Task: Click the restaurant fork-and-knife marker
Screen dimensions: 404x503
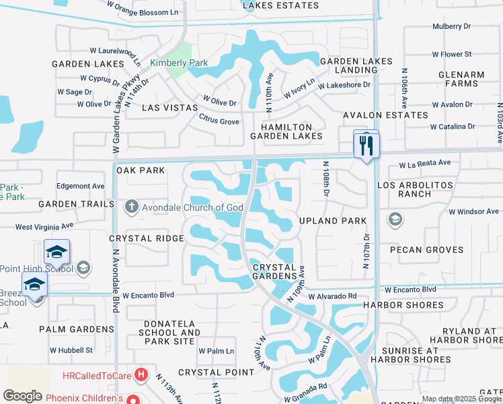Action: tap(366, 145)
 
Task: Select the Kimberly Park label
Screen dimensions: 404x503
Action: tap(179, 63)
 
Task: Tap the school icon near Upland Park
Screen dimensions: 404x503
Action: tap(395, 220)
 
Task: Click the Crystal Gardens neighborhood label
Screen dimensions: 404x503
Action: tap(274, 271)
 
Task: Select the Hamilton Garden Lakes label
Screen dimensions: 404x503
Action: tap(286, 131)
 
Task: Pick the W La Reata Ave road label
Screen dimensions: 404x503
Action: tap(424, 163)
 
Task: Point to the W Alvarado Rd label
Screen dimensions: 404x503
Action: tap(333, 296)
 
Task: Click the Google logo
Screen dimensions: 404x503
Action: tap(23, 396)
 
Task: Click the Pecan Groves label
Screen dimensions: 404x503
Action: tap(430, 250)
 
